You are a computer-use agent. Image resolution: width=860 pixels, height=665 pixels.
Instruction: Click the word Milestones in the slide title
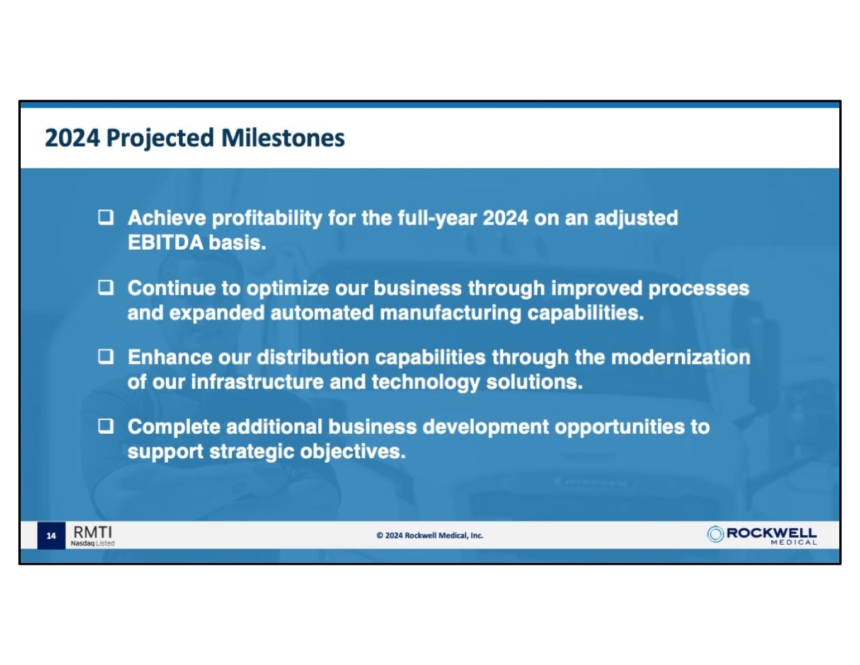click(x=283, y=138)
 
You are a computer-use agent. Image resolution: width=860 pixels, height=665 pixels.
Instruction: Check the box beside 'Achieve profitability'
click(x=106, y=217)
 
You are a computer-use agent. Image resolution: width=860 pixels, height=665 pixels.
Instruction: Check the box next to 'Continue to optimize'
click(x=106, y=288)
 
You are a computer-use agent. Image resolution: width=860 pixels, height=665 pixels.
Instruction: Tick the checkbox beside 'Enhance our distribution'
click(x=106, y=357)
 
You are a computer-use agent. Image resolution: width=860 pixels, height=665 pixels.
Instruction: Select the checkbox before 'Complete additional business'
click(x=106, y=426)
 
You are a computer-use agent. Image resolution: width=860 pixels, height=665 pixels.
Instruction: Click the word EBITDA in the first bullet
click(x=166, y=243)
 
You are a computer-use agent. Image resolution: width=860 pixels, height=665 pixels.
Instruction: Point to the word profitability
click(x=267, y=219)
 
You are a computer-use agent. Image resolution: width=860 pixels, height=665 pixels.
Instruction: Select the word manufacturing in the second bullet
click(x=450, y=313)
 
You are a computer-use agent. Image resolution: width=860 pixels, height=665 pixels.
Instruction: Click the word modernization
click(x=680, y=357)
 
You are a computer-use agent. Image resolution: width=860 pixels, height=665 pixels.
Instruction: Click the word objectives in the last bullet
click(x=353, y=453)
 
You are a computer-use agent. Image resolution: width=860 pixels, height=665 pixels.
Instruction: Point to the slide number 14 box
click(x=51, y=536)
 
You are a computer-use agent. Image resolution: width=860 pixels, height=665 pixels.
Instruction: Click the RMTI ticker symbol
click(x=93, y=532)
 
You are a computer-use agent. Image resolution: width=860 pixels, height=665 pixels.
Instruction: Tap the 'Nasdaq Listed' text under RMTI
click(x=93, y=543)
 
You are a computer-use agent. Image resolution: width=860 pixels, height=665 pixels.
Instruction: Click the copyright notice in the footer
click(x=430, y=536)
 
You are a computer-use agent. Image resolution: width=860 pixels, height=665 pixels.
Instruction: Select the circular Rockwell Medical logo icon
click(x=714, y=535)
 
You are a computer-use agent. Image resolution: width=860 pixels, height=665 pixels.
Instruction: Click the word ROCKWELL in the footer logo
click(x=771, y=533)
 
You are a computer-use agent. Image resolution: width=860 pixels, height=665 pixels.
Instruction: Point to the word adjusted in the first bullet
click(x=636, y=219)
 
